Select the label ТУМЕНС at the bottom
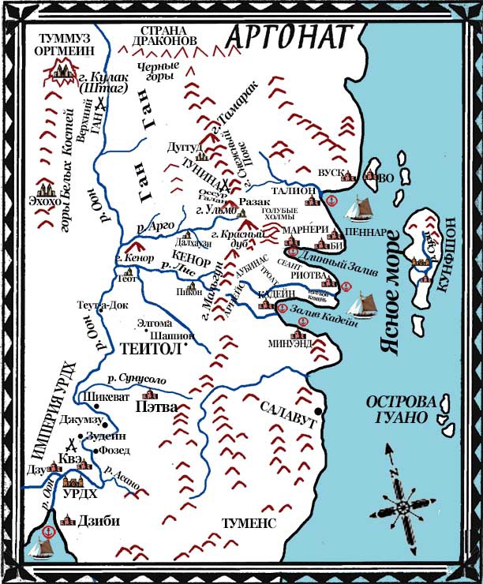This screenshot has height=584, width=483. [x=249, y=523]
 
